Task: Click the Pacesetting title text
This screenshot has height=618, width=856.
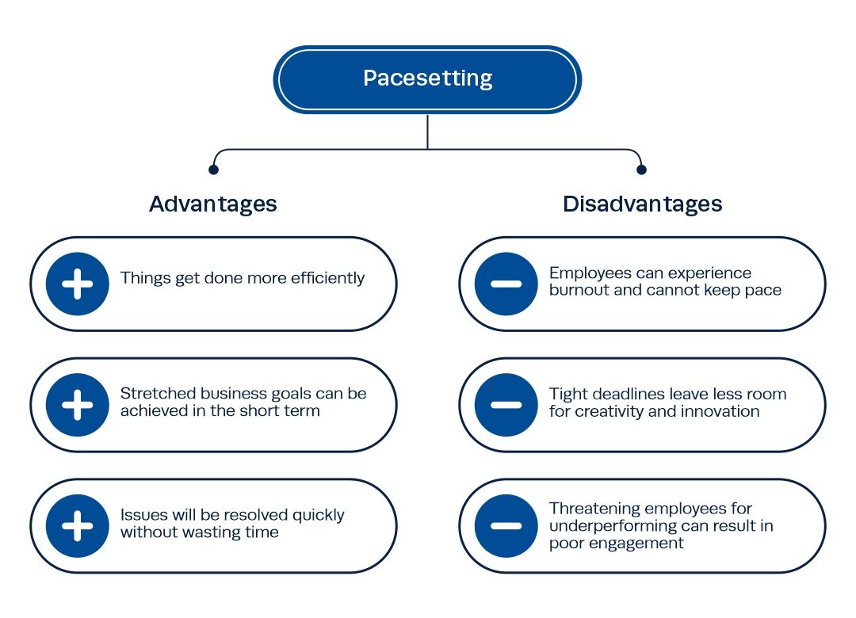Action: pyautogui.click(x=427, y=78)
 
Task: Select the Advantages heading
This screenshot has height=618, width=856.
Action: pyautogui.click(x=213, y=204)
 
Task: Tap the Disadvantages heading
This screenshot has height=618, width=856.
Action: pyautogui.click(x=643, y=204)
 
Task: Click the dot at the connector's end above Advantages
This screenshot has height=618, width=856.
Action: pyautogui.click(x=213, y=170)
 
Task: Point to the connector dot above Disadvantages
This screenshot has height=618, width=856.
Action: pyautogui.click(x=641, y=170)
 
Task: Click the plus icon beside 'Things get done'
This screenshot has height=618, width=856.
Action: pyautogui.click(x=78, y=284)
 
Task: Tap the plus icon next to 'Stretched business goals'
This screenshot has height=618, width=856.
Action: pyautogui.click(x=78, y=405)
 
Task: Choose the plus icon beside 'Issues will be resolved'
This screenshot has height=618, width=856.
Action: pyautogui.click(x=78, y=526)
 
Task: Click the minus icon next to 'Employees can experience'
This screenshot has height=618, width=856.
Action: pyautogui.click(x=506, y=284)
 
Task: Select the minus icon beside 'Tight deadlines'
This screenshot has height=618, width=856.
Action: pyautogui.click(x=506, y=405)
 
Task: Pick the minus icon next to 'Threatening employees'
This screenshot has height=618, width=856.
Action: pyautogui.click(x=506, y=526)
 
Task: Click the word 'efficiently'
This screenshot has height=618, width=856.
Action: pyautogui.click(x=327, y=278)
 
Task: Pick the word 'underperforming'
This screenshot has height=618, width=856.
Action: pyautogui.click(x=613, y=526)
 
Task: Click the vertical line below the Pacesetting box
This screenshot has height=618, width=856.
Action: pyautogui.click(x=427, y=132)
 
